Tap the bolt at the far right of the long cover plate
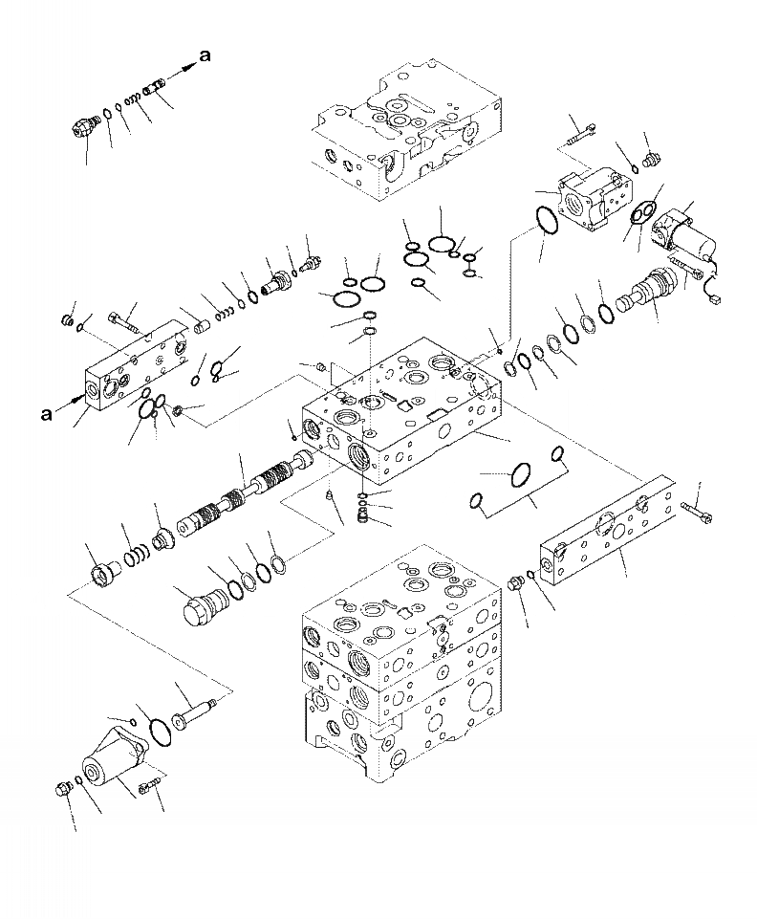click(x=699, y=514)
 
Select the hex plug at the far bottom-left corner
click(x=65, y=789)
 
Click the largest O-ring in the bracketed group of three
click(x=522, y=472)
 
